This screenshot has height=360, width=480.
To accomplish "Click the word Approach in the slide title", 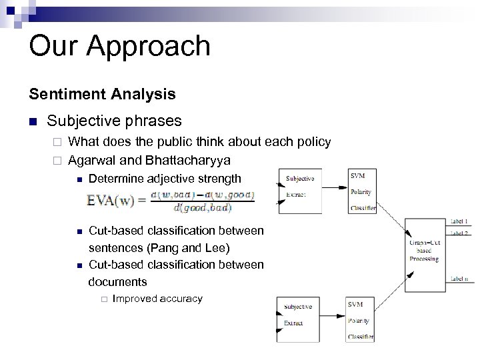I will pyautogui.click(x=153, y=46).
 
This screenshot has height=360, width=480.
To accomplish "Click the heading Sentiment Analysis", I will pyautogui.click(x=102, y=94).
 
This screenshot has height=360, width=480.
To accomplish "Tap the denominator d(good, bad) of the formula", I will pyautogui.click(x=202, y=208).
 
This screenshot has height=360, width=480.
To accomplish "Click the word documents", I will pyautogui.click(x=117, y=282).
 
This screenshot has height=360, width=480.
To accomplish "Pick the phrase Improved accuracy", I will pyautogui.click(x=157, y=299).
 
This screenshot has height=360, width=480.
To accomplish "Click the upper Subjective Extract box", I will pyautogui.click(x=299, y=191).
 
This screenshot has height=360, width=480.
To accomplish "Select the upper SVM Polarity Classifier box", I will pyautogui.click(x=361, y=191).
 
